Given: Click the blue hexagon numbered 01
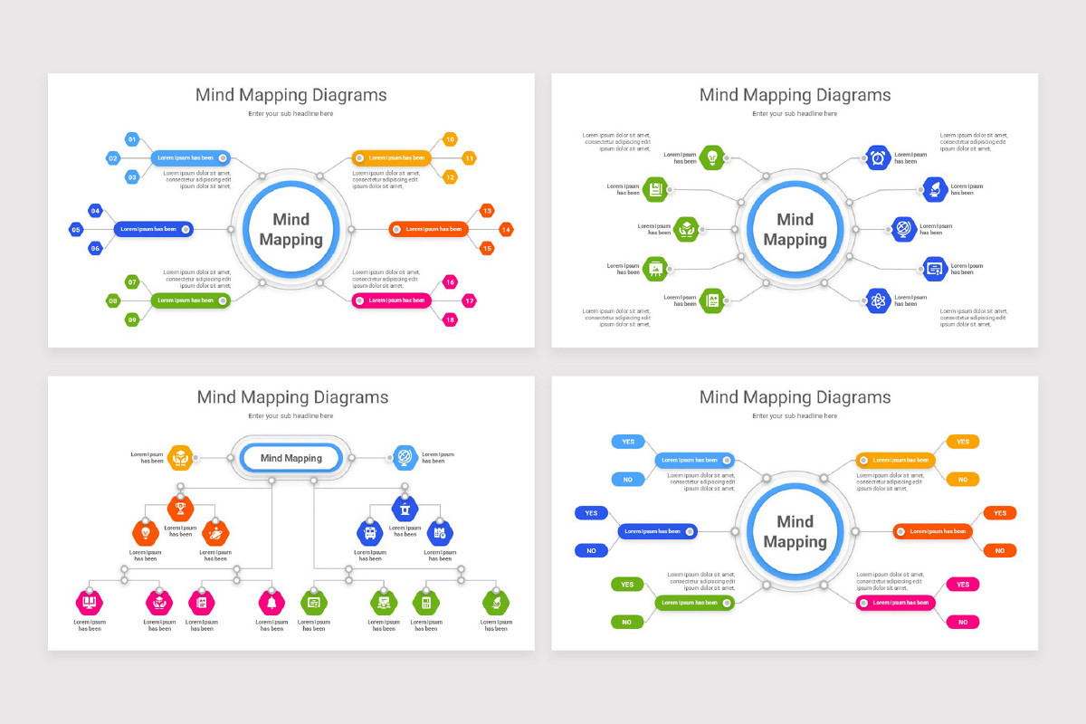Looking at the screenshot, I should tap(132, 139).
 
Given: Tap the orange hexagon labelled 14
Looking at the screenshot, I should tap(506, 229).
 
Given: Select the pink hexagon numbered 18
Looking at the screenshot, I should tap(451, 319).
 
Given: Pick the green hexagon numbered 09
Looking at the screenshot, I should tap(132, 319).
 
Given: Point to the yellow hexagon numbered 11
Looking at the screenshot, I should tap(469, 157).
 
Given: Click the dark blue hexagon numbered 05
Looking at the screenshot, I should tap(76, 229).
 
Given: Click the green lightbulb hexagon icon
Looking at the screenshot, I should tap(712, 157).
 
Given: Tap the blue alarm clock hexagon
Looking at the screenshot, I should tap(878, 157).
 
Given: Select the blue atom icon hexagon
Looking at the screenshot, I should tap(878, 300).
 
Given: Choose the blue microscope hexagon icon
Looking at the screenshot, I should tap(934, 189).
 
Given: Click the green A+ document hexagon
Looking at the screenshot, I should tap(712, 300).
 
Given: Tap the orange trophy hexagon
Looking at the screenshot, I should tap(180, 508).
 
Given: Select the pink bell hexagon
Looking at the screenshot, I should tap(271, 601).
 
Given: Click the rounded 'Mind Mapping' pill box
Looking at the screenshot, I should tap(291, 458).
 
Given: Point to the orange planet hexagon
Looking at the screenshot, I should tap(215, 532).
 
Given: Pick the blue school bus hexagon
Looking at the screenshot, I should tap(370, 532).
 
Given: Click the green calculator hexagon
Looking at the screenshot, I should tap(425, 601).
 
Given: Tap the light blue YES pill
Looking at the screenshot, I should tap(628, 442).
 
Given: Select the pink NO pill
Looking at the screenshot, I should tap(963, 622).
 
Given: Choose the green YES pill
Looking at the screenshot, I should tap(627, 585).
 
